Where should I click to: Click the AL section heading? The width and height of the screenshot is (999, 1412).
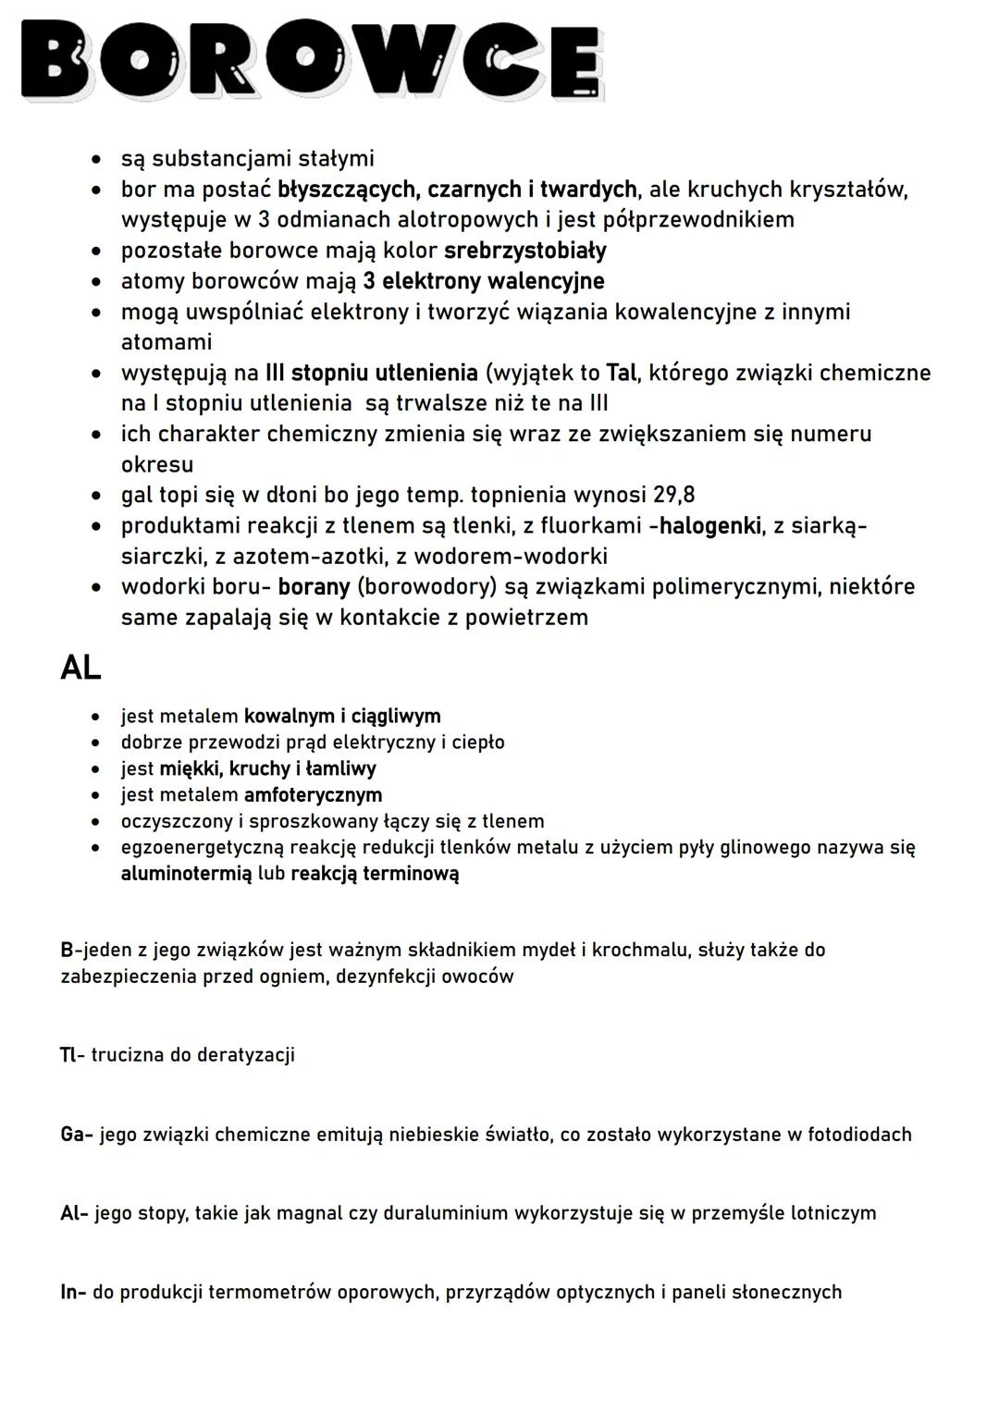click(80, 667)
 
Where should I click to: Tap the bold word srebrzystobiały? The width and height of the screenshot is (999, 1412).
click(525, 251)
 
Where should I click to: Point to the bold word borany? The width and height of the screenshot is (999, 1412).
click(314, 587)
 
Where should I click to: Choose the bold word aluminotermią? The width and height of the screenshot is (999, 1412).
click(186, 874)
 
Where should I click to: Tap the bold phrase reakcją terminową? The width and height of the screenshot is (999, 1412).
click(375, 874)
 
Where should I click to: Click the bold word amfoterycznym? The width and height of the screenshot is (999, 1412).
click(313, 795)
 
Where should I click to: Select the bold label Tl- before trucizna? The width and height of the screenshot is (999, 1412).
click(72, 1055)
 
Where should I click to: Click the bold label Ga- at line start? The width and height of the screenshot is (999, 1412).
click(76, 1134)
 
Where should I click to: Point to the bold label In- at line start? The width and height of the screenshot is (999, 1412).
click(73, 1292)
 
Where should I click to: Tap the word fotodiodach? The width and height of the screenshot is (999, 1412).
click(859, 1134)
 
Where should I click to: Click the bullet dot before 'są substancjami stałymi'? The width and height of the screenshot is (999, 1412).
click(95, 160)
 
